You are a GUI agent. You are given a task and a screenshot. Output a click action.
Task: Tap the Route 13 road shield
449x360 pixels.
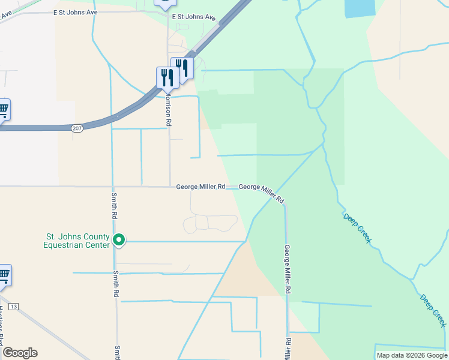[14, 307]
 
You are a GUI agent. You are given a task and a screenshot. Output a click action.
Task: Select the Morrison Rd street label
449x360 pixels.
[169, 108]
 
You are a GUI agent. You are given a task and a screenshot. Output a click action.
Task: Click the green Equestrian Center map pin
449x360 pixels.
[119, 240]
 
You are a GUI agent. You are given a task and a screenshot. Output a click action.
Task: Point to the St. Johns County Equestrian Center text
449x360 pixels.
[77, 241]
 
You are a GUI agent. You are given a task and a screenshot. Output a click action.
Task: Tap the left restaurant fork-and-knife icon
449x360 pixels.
[167, 77]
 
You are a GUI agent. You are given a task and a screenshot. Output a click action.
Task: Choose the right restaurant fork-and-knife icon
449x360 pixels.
[182, 67]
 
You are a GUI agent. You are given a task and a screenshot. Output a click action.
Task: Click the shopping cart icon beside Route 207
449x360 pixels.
[2, 110]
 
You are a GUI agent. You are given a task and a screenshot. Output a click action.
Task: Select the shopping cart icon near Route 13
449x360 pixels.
[3, 275]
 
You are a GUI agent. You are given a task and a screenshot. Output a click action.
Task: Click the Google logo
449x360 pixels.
[20, 353]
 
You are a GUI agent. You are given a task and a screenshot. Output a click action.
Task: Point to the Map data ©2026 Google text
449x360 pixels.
[412, 355]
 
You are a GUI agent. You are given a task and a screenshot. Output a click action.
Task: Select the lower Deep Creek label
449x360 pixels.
[433, 310]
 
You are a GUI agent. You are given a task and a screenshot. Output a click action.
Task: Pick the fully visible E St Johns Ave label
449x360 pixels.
[193, 17]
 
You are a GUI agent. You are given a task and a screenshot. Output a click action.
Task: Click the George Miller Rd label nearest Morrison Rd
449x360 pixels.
[200, 187]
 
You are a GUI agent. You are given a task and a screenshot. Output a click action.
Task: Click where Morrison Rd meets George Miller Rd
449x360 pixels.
[169, 187]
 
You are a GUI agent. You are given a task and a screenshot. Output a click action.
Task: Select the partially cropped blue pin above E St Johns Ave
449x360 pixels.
[164, 4]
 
